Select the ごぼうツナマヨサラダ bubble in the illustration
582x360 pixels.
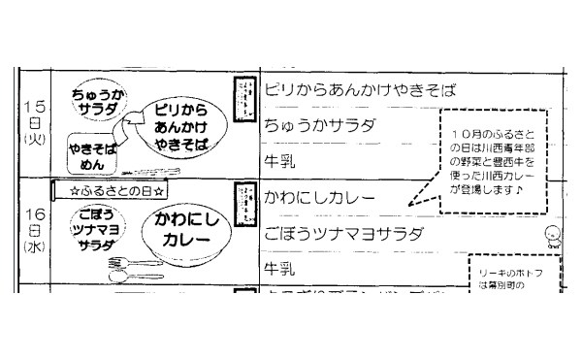(x=90, y=230)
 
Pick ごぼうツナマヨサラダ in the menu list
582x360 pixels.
(x=344, y=233)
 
